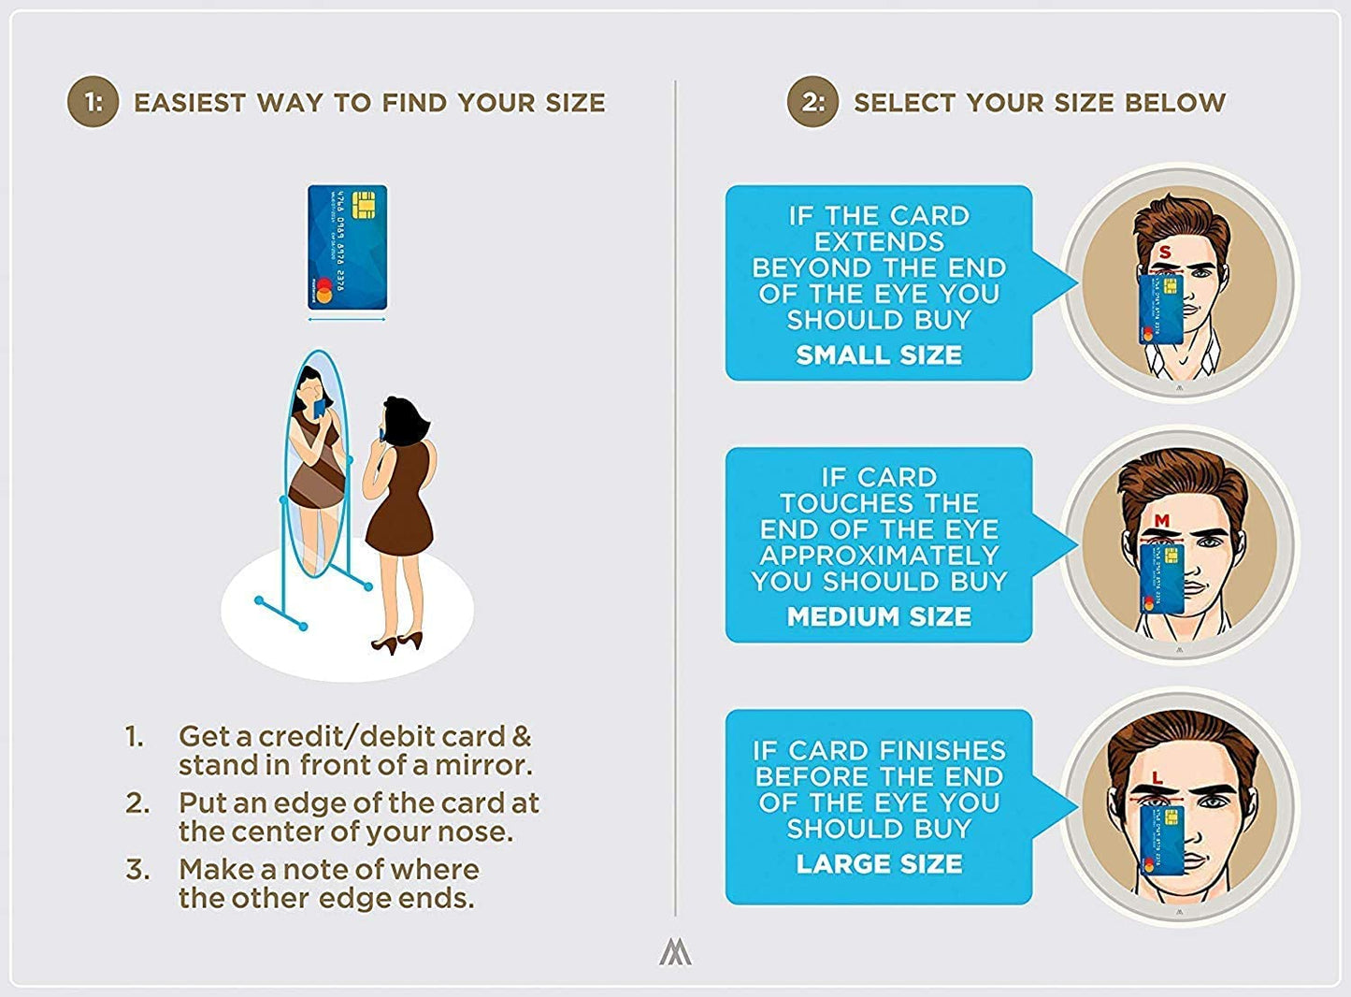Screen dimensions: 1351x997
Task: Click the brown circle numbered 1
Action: click(x=93, y=101)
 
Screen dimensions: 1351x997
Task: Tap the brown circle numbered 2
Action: click(x=812, y=101)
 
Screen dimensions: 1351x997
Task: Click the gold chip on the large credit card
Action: click(x=364, y=205)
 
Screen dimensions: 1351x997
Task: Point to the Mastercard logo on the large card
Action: click(x=323, y=290)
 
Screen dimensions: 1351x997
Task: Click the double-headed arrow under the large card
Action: click(x=347, y=319)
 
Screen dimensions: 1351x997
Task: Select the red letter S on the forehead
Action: click(x=1165, y=252)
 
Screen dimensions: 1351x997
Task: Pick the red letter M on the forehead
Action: click(x=1162, y=520)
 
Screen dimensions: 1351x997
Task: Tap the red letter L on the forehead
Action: click(x=1157, y=778)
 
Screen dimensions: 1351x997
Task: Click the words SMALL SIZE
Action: click(x=879, y=354)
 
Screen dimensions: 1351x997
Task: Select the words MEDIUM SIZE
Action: click(x=879, y=616)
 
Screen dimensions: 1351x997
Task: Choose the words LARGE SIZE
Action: click(x=879, y=863)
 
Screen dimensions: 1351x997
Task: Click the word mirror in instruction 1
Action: click(x=483, y=765)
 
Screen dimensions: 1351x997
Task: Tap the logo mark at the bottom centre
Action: click(x=675, y=954)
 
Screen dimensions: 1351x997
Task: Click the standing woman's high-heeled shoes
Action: click(x=396, y=643)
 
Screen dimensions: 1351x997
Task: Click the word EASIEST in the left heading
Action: click(x=190, y=103)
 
